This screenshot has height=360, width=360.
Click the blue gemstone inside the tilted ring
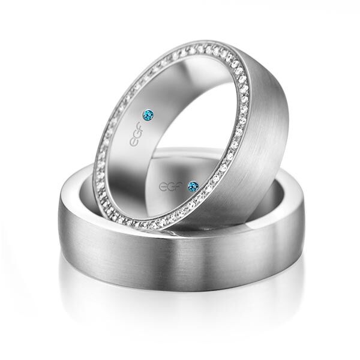coord(148,114)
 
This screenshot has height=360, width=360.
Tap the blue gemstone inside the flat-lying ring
coord(193,186)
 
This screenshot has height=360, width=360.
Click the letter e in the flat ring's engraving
coord(163,187)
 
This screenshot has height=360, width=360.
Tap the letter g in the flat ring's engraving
coord(172,187)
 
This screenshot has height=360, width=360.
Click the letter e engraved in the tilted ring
coord(134,142)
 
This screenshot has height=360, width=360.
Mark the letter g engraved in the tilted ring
coord(137,134)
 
